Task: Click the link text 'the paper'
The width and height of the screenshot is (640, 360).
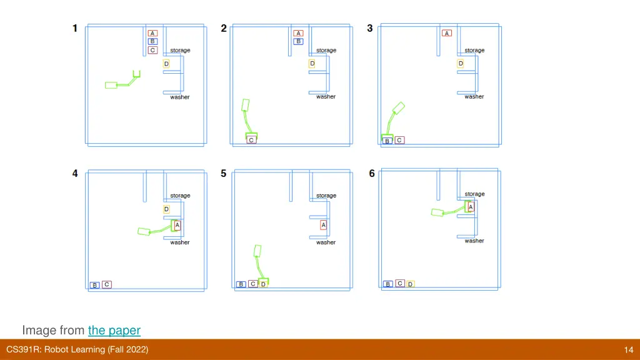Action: tap(114, 330)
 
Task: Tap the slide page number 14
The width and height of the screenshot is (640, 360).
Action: tap(628, 350)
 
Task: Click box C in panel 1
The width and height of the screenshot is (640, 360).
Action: tap(152, 50)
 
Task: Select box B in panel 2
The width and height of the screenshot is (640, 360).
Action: tap(298, 41)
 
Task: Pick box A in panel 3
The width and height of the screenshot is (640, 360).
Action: tap(447, 33)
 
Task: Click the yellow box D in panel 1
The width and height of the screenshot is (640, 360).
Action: tap(166, 64)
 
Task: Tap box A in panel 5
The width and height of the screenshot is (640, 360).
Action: tap(324, 225)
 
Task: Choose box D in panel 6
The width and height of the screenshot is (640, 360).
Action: tap(411, 284)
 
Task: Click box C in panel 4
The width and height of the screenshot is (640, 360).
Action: tap(107, 284)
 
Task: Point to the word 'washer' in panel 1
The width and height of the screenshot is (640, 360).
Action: tap(180, 97)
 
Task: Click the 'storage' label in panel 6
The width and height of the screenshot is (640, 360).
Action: tap(474, 194)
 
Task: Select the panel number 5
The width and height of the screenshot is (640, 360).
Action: tap(223, 174)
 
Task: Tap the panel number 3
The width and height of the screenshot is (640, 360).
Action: tap(370, 28)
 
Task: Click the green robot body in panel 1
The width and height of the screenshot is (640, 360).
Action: tap(111, 85)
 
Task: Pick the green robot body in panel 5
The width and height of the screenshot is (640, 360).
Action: tap(257, 251)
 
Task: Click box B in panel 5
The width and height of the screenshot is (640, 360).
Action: tap(241, 284)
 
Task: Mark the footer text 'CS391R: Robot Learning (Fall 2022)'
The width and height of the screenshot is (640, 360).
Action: tap(77, 350)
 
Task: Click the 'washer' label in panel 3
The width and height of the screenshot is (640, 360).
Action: tap(474, 97)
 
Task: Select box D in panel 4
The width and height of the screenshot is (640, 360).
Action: tap(166, 209)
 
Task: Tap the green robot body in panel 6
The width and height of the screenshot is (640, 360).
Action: tap(437, 212)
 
